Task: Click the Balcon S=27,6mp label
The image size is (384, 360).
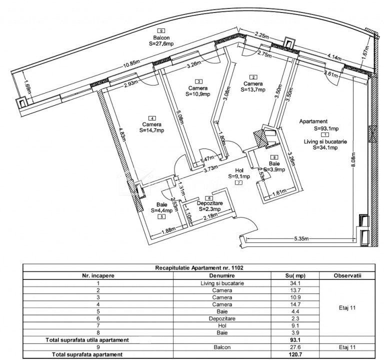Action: [x=161, y=40]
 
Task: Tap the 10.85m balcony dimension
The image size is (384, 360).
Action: [x=131, y=64]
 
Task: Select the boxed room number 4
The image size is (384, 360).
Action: [x=152, y=118]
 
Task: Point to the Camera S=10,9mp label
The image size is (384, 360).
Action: [x=198, y=91]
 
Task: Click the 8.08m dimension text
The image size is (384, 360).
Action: [x=353, y=159]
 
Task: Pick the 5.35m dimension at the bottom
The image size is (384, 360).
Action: [x=301, y=238]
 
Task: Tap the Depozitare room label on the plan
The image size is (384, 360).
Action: [x=210, y=203]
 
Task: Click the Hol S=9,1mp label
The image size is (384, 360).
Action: [x=239, y=173]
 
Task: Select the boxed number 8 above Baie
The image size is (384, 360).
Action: [x=274, y=157]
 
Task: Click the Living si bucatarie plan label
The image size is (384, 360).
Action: [x=325, y=141]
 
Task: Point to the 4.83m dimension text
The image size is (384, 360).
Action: [x=121, y=134]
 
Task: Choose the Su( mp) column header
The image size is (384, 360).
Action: [x=295, y=275]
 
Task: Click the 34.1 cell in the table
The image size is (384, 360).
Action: [x=295, y=283]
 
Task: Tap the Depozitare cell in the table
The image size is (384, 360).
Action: [x=222, y=318]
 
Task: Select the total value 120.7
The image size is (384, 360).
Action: [x=295, y=354]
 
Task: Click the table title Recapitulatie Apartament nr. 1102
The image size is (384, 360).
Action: [x=199, y=267]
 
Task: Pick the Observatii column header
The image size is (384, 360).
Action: [x=347, y=275]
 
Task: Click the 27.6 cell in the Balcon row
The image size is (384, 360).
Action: [x=295, y=347]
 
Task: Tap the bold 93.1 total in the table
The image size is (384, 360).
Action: [x=295, y=340]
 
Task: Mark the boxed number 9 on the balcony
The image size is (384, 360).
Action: [x=161, y=30]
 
